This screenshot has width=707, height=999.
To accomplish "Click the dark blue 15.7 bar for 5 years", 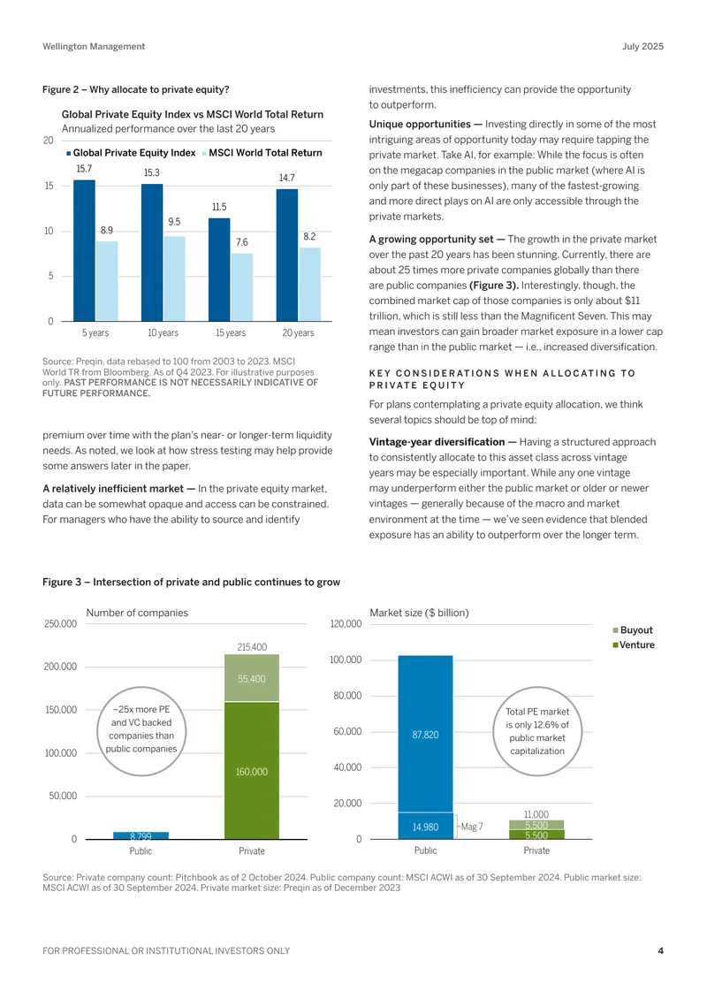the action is (84, 250).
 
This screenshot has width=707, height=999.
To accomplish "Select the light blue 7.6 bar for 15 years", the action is (241, 287).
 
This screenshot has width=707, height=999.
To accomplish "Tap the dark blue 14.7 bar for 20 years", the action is (286, 255).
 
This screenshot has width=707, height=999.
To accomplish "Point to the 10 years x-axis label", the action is (163, 332).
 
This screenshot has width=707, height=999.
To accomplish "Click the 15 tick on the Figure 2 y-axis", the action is (49, 186).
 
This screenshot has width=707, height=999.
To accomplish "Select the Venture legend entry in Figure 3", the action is (633, 644).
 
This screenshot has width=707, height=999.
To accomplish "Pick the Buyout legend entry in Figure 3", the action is (633, 630).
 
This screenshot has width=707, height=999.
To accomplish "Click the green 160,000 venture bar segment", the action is (252, 771).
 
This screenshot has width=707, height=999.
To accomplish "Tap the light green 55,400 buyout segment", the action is (252, 678).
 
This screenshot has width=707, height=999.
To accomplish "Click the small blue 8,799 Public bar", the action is (141, 835).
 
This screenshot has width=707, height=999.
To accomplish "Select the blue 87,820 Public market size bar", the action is (425, 734).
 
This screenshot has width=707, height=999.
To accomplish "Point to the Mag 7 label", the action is (472, 827).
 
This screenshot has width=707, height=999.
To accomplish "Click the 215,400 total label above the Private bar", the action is (252, 646).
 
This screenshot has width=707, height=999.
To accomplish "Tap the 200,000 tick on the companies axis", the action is (60, 667).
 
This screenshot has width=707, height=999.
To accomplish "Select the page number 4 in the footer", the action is (660, 950).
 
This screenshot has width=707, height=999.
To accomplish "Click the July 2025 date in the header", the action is (642, 47).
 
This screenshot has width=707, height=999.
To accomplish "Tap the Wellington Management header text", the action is (94, 47).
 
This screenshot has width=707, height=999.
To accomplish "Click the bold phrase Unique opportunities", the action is (420, 125).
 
